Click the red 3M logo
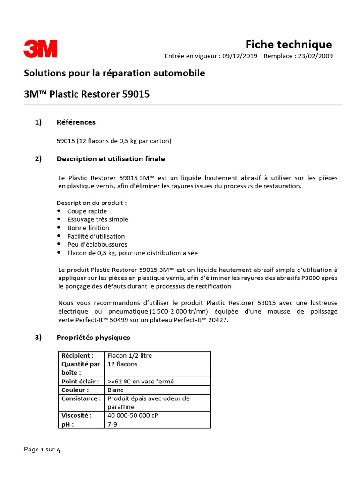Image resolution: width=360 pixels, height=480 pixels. (41, 49)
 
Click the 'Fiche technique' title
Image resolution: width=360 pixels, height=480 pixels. (289, 44)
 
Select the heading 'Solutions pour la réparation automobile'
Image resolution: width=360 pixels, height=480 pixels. (114, 74)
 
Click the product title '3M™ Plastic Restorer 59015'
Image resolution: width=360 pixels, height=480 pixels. (87, 94)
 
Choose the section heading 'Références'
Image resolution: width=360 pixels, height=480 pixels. (76, 122)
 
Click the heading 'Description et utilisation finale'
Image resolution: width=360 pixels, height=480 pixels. (111, 159)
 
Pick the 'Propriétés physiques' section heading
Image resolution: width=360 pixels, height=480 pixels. (93, 337)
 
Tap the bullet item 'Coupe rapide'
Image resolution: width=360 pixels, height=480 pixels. (87, 211)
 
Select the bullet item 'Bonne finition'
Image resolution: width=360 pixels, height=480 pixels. (88, 228)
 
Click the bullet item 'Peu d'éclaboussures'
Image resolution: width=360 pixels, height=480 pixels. (97, 244)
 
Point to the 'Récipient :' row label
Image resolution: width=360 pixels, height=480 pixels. (77, 355)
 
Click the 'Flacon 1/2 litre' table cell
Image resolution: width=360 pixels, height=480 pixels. (130, 355)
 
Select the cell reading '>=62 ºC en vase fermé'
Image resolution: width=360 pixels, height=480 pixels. (141, 381)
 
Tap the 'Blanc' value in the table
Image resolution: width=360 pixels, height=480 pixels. (115, 390)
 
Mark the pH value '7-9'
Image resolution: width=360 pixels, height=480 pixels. (112, 424)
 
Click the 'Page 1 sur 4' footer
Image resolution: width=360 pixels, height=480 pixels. (42, 450)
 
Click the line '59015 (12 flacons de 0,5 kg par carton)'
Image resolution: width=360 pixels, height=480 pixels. (114, 140)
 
